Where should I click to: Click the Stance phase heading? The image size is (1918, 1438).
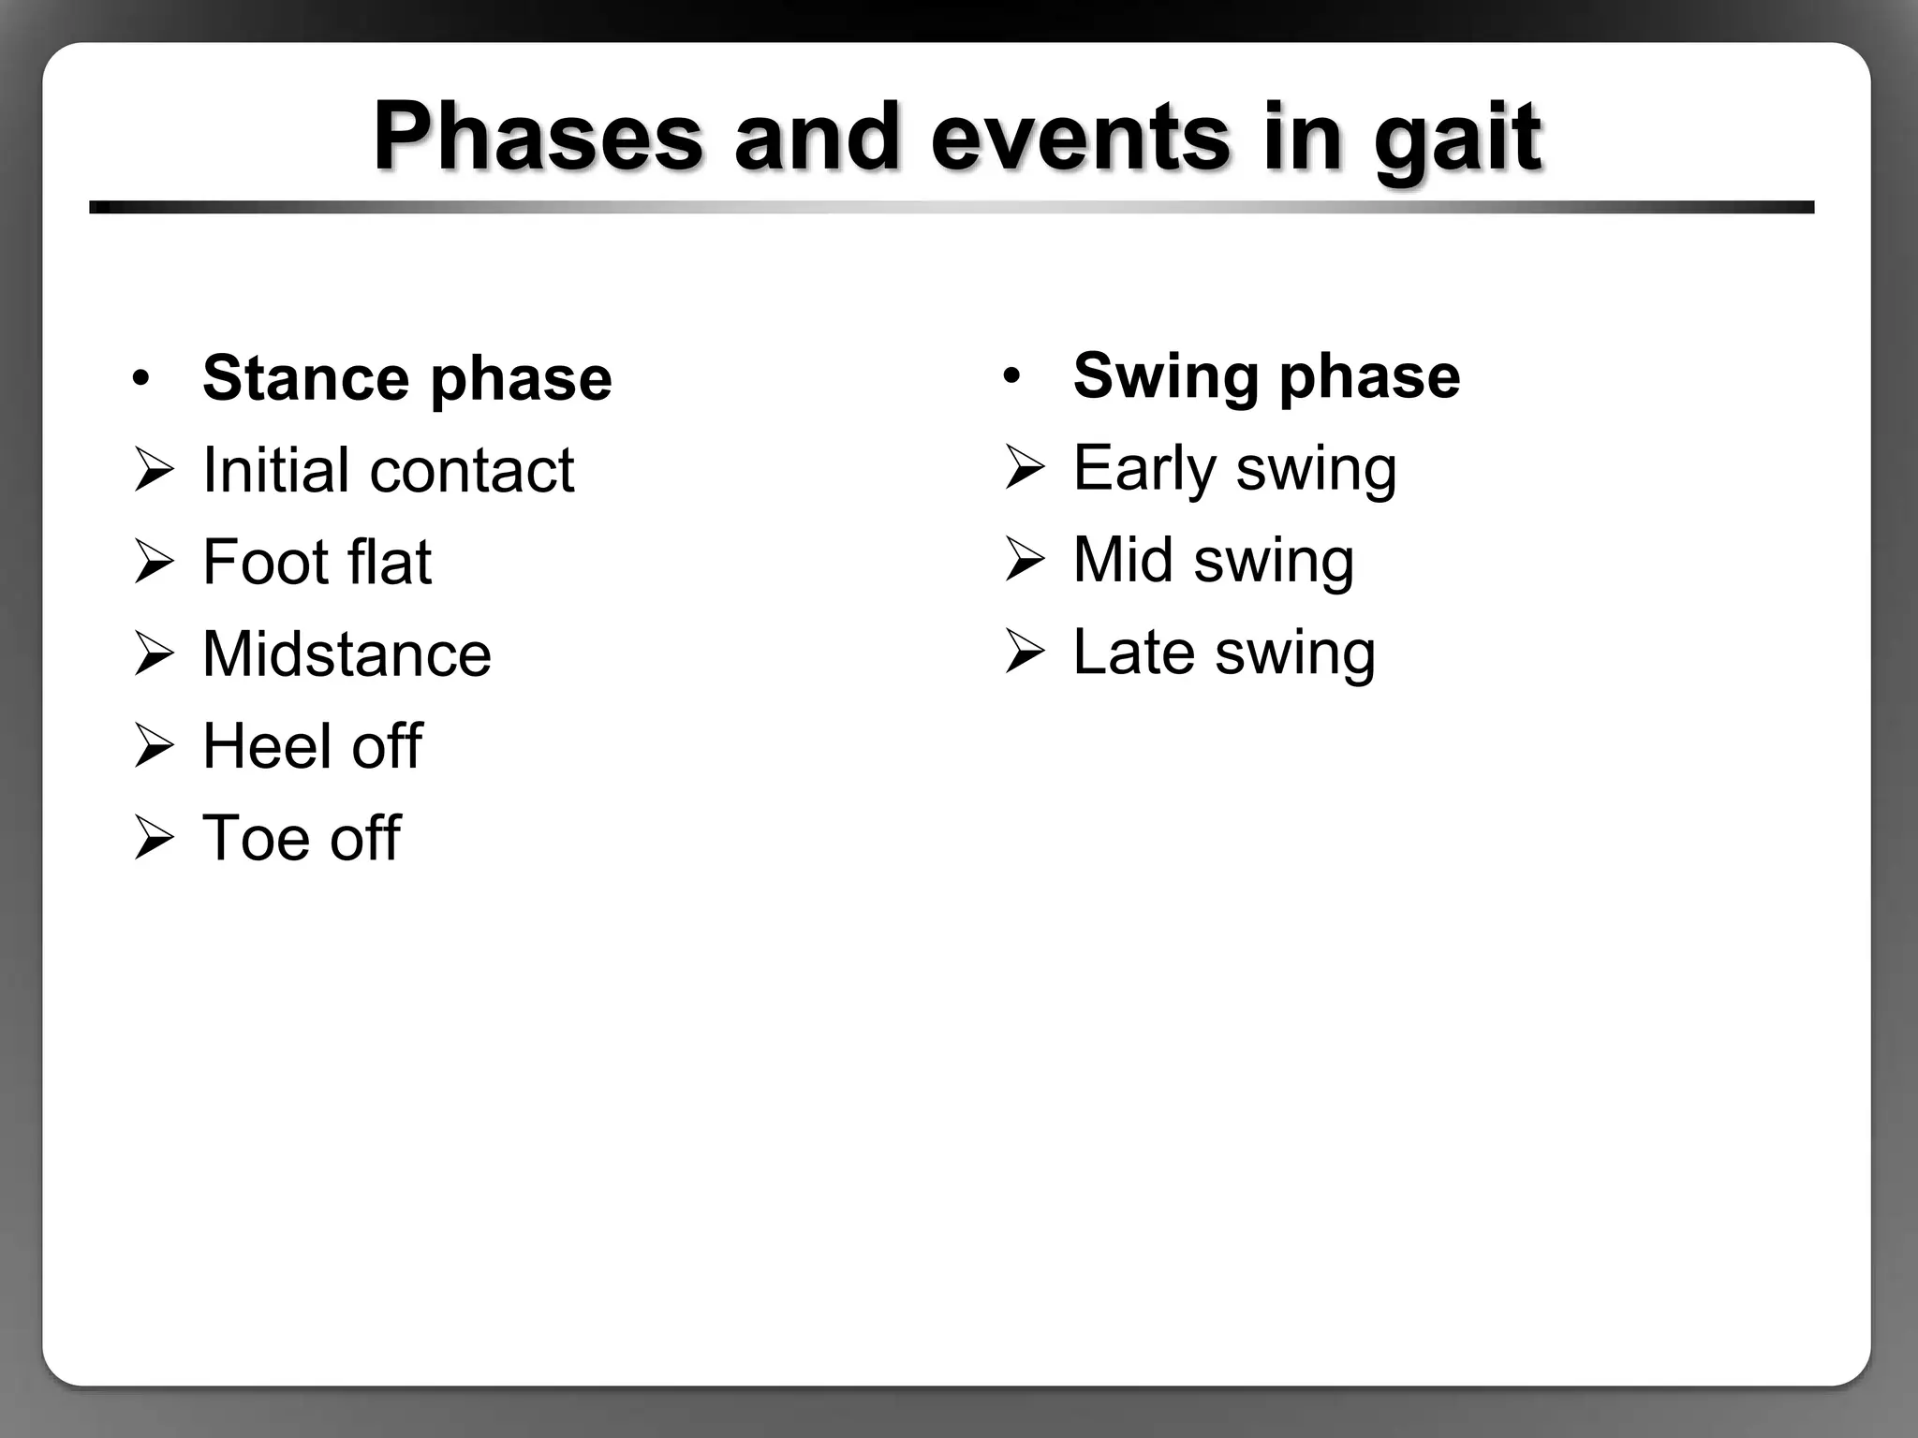click(x=406, y=378)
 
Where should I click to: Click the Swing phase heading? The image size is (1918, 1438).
click(x=1265, y=375)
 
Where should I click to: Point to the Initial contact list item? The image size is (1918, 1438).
click(x=388, y=470)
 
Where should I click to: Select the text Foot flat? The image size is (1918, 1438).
click(x=317, y=562)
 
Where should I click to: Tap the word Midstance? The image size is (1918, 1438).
click(x=347, y=653)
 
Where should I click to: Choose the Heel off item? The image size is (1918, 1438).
click(x=312, y=746)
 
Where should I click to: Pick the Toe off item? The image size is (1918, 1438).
click(x=301, y=837)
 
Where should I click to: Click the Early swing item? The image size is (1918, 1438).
click(x=1234, y=468)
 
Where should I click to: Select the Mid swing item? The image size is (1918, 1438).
click(x=1213, y=560)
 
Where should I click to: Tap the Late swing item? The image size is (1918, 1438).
click(x=1223, y=653)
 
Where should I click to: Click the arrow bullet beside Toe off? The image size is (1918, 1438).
click(x=154, y=838)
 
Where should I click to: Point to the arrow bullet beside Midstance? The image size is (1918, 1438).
click(x=154, y=653)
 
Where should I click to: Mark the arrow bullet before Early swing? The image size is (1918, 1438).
click(x=1025, y=468)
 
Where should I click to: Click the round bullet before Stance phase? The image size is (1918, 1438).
click(x=140, y=379)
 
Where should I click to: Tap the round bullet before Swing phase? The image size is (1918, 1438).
click(x=1011, y=376)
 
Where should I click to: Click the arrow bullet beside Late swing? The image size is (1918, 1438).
click(x=1025, y=652)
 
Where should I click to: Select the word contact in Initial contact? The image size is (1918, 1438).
click(x=471, y=470)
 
